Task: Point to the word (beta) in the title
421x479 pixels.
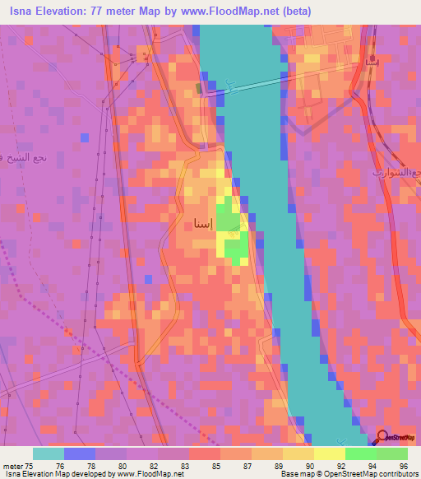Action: coord(294,12)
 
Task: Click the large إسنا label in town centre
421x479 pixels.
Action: coord(203,223)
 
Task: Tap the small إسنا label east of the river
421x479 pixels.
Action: coord(367,63)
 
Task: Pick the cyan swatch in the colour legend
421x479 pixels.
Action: coord(49,453)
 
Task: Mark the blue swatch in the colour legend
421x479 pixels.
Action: coord(80,453)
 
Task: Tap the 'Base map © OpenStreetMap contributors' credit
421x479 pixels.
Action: coord(349,475)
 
